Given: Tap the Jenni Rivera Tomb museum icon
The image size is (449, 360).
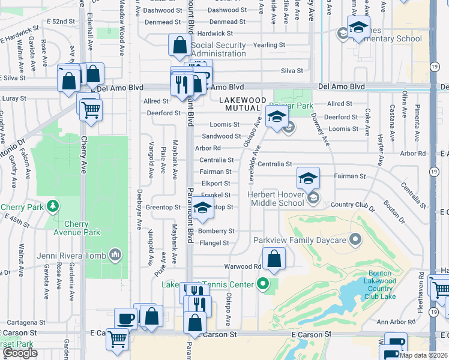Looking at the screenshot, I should pos(115,256).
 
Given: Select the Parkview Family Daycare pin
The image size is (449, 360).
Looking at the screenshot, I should pos(355,241).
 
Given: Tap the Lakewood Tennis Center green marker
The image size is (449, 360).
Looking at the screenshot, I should pos(262,283).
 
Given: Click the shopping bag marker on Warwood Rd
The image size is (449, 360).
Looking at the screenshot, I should pos(274,259).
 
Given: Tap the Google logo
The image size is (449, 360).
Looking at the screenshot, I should pos(20,353).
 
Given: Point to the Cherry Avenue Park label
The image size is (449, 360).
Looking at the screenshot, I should pos(75,228).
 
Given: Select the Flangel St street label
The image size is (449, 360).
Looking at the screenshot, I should pos(214,243).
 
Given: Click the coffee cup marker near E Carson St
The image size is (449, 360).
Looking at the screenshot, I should pos(126,319).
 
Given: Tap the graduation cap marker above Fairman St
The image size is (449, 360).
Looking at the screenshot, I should pos(308,178).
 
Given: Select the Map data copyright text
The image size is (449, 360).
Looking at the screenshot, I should pos(423,355).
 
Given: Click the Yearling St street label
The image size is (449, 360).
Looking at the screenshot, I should pos(269,45).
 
